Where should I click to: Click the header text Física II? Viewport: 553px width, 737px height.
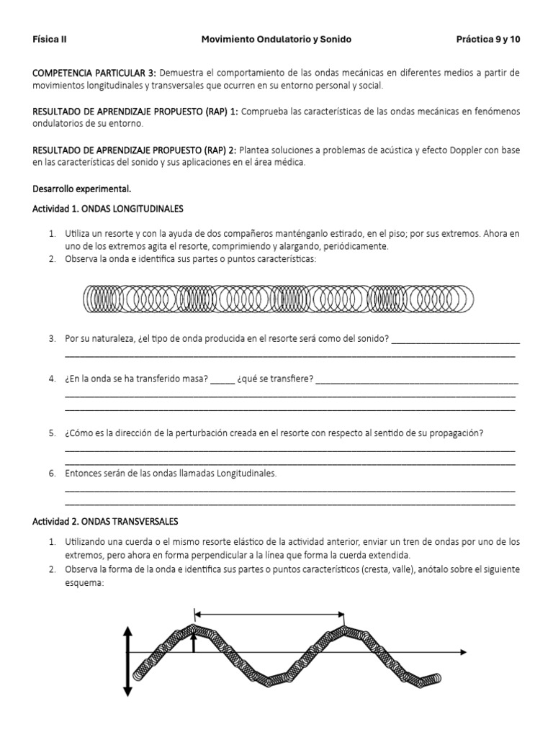50,40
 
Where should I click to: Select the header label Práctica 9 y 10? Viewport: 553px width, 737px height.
487,40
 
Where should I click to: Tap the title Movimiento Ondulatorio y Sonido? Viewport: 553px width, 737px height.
276,40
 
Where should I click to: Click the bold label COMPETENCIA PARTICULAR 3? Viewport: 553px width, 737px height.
94,73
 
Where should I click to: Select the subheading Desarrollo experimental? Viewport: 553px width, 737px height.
82,189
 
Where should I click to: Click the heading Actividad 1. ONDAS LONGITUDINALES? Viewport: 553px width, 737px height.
108,209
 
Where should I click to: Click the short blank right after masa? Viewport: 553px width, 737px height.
222,380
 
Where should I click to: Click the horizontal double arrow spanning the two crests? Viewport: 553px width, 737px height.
270,614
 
